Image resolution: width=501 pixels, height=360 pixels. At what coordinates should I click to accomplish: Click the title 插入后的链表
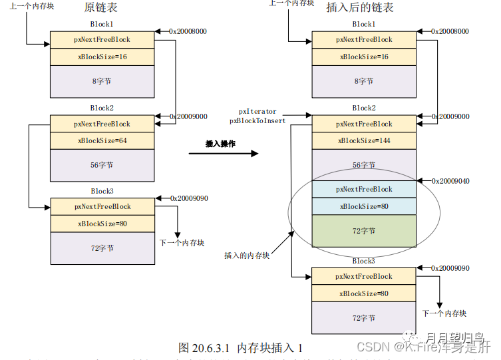[x=360, y=7]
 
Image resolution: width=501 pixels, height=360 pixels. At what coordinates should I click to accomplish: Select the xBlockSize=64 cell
[x=102, y=140]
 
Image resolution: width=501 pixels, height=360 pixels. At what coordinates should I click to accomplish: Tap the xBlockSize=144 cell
[x=364, y=140]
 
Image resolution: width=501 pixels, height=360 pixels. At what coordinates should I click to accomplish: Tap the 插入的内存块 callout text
[x=247, y=256]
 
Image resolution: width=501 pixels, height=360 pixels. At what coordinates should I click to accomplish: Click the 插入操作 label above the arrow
[x=221, y=143]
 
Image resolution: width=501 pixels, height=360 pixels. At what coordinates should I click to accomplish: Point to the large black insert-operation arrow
[x=223, y=154]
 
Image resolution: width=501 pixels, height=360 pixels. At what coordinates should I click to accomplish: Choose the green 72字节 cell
[x=364, y=230]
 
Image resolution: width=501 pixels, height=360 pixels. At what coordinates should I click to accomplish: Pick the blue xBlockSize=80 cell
[x=364, y=206]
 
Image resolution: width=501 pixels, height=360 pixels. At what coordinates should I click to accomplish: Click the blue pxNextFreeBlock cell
[x=364, y=189]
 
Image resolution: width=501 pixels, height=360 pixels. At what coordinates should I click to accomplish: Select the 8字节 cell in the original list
[x=102, y=81]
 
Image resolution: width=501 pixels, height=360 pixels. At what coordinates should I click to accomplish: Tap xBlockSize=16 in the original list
[x=102, y=57]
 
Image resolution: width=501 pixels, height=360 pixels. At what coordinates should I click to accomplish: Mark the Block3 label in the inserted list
[x=364, y=261]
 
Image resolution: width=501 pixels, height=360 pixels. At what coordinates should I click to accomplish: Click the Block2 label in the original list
[x=102, y=108]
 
